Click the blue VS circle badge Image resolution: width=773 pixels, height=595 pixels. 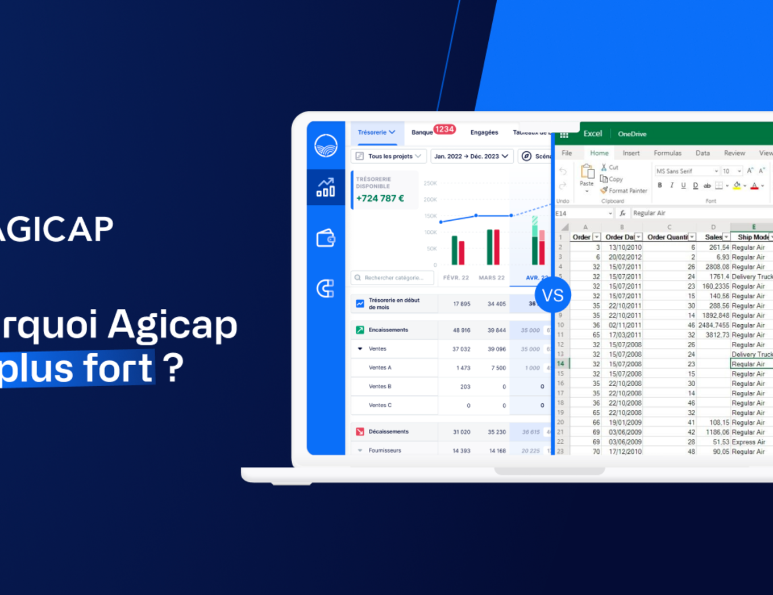click(552, 295)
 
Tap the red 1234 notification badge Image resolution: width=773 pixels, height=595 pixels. click(444, 129)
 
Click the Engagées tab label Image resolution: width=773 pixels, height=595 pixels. click(484, 133)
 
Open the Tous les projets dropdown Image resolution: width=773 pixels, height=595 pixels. click(389, 156)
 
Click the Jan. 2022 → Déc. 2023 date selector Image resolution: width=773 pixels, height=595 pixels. click(471, 156)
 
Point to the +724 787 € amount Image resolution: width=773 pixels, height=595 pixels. click(380, 199)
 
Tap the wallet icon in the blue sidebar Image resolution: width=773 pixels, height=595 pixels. click(326, 238)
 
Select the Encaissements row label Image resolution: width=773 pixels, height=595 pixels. click(388, 330)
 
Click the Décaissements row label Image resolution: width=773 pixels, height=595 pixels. click(388, 432)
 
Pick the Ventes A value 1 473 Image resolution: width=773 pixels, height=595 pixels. click(463, 368)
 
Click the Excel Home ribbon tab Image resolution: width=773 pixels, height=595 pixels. click(599, 153)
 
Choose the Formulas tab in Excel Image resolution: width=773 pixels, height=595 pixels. click(667, 153)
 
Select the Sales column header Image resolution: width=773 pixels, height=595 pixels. click(713, 237)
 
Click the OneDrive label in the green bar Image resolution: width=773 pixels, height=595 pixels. click(632, 134)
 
